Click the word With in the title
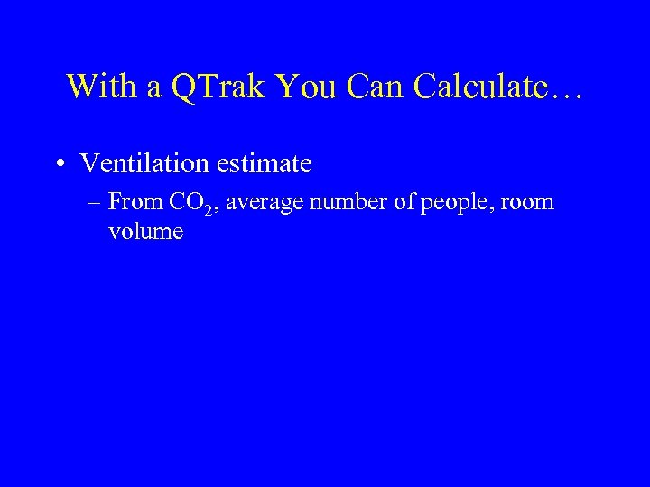coord(95,87)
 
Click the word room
coord(528,203)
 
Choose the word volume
coord(145,232)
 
